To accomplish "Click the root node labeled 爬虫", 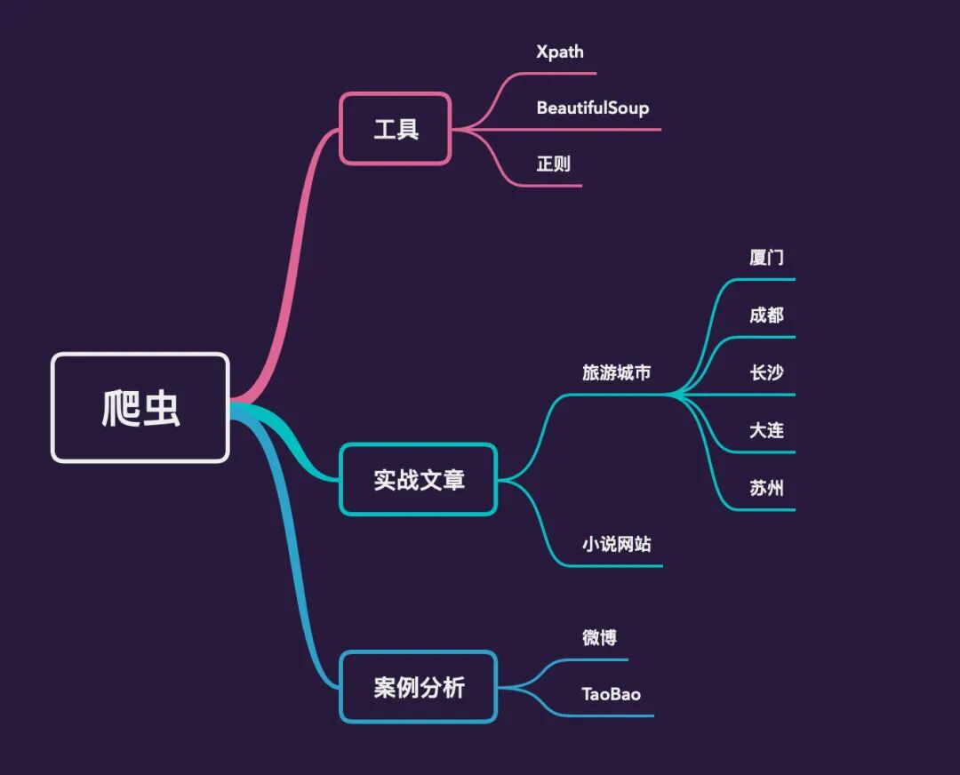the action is [x=140, y=408].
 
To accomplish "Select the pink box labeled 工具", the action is [x=396, y=129].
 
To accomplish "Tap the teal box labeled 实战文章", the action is [x=419, y=479].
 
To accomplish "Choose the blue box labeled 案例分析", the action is [x=419, y=687].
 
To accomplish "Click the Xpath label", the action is [x=560, y=52].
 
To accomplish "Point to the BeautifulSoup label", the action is [x=593, y=108].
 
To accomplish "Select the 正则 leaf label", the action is [x=554, y=164].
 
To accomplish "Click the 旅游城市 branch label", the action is [x=617, y=372].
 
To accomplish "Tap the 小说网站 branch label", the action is [x=617, y=544].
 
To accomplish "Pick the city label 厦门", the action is [x=766, y=257].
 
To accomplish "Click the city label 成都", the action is [x=766, y=315].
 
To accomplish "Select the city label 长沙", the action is [x=766, y=372].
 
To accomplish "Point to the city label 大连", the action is [x=766, y=430].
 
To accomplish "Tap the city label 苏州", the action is [x=766, y=487].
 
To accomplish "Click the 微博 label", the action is [x=599, y=637].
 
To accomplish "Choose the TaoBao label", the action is [x=611, y=694].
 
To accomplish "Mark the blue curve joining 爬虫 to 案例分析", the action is [x=295, y=551].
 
